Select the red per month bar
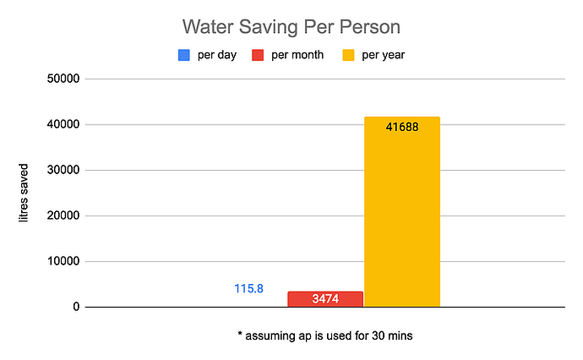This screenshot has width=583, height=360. click(x=325, y=299)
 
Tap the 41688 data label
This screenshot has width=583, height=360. click(x=402, y=128)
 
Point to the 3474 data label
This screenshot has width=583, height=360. click(x=325, y=299)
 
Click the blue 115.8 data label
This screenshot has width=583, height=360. click(x=248, y=288)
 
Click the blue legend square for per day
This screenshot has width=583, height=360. click(x=183, y=56)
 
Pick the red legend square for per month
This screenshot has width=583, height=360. click(x=260, y=56)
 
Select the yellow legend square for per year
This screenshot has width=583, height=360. click(x=348, y=56)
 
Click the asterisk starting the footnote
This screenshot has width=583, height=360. click(x=240, y=334)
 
